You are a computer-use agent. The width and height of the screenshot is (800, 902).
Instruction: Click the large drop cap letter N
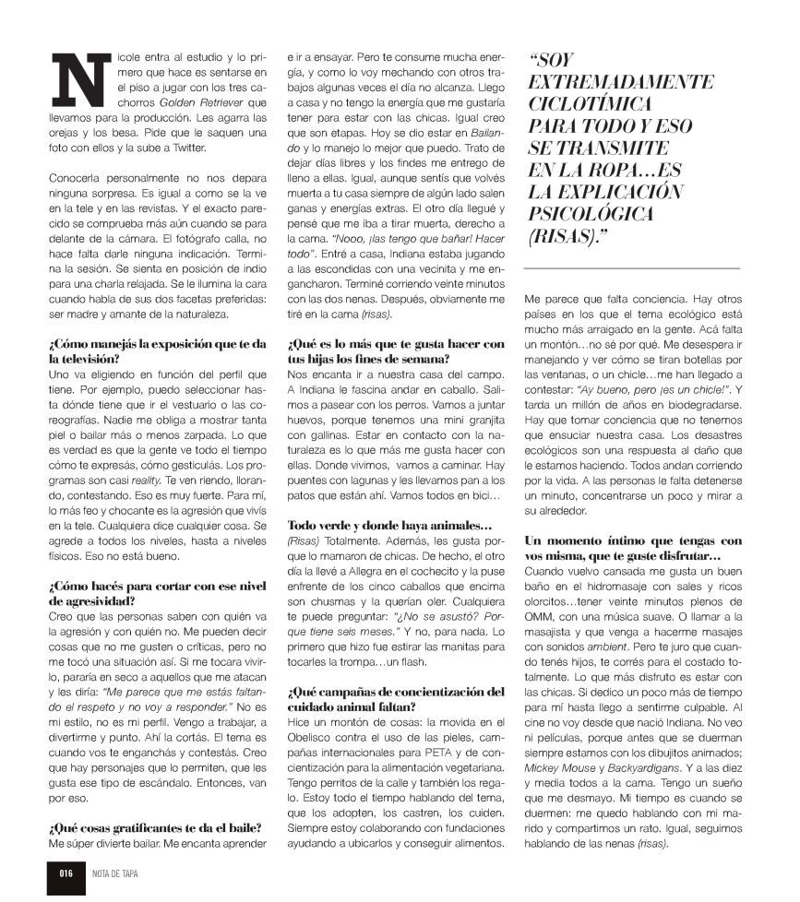click(x=75, y=77)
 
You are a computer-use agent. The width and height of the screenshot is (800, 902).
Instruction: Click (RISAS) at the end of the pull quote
click(x=569, y=236)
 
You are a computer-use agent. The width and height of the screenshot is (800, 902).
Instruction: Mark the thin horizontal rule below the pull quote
click(x=632, y=267)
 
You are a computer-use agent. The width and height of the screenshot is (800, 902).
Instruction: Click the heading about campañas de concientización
click(x=396, y=698)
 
